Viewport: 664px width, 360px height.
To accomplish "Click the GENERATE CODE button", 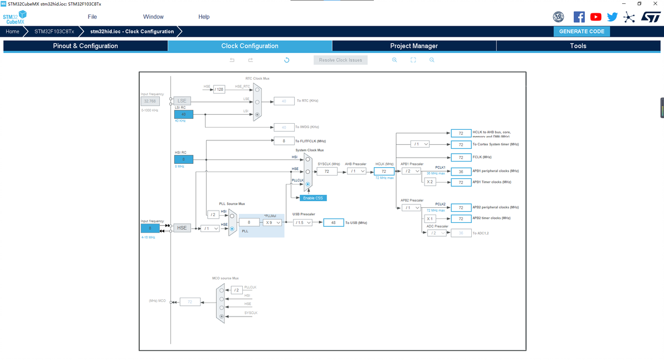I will click(x=582, y=31).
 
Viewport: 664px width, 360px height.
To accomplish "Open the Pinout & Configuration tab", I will click(x=85, y=46).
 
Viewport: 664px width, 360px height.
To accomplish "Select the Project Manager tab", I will click(x=413, y=46).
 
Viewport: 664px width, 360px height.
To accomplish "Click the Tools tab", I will click(x=578, y=46).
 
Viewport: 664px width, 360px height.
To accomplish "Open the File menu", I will click(x=92, y=17).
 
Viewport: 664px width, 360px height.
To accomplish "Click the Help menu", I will click(x=204, y=17).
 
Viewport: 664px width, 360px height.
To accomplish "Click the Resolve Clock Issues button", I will click(x=340, y=60).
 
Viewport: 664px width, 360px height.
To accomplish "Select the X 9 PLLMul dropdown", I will click(x=272, y=222).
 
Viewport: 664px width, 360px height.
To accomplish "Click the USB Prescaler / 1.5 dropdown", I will click(x=302, y=222).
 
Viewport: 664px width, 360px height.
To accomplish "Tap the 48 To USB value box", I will click(x=333, y=222).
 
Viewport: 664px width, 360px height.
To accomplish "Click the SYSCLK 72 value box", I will click(x=327, y=171).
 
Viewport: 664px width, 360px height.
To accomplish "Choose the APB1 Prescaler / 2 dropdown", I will click(x=411, y=171).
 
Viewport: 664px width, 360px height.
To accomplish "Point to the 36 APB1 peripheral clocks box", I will click(x=461, y=172).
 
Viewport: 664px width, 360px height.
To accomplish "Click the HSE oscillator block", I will click(x=182, y=228).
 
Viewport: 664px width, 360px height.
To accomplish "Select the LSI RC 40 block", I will click(x=184, y=114).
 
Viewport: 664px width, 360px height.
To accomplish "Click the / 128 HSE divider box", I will click(x=219, y=90).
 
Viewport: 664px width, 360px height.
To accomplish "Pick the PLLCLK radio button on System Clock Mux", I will click(x=307, y=184).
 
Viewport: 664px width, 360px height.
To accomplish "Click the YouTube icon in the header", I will click(x=596, y=17).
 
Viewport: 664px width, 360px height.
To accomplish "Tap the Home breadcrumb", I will click(x=12, y=31).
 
